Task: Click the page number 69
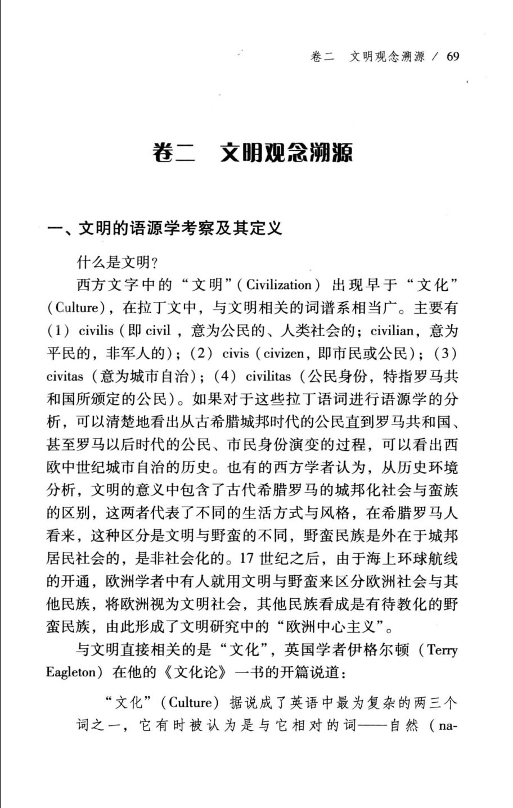[x=452, y=57]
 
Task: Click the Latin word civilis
[x=96, y=331]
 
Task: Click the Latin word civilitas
[x=268, y=377]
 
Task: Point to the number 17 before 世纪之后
[x=247, y=559]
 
